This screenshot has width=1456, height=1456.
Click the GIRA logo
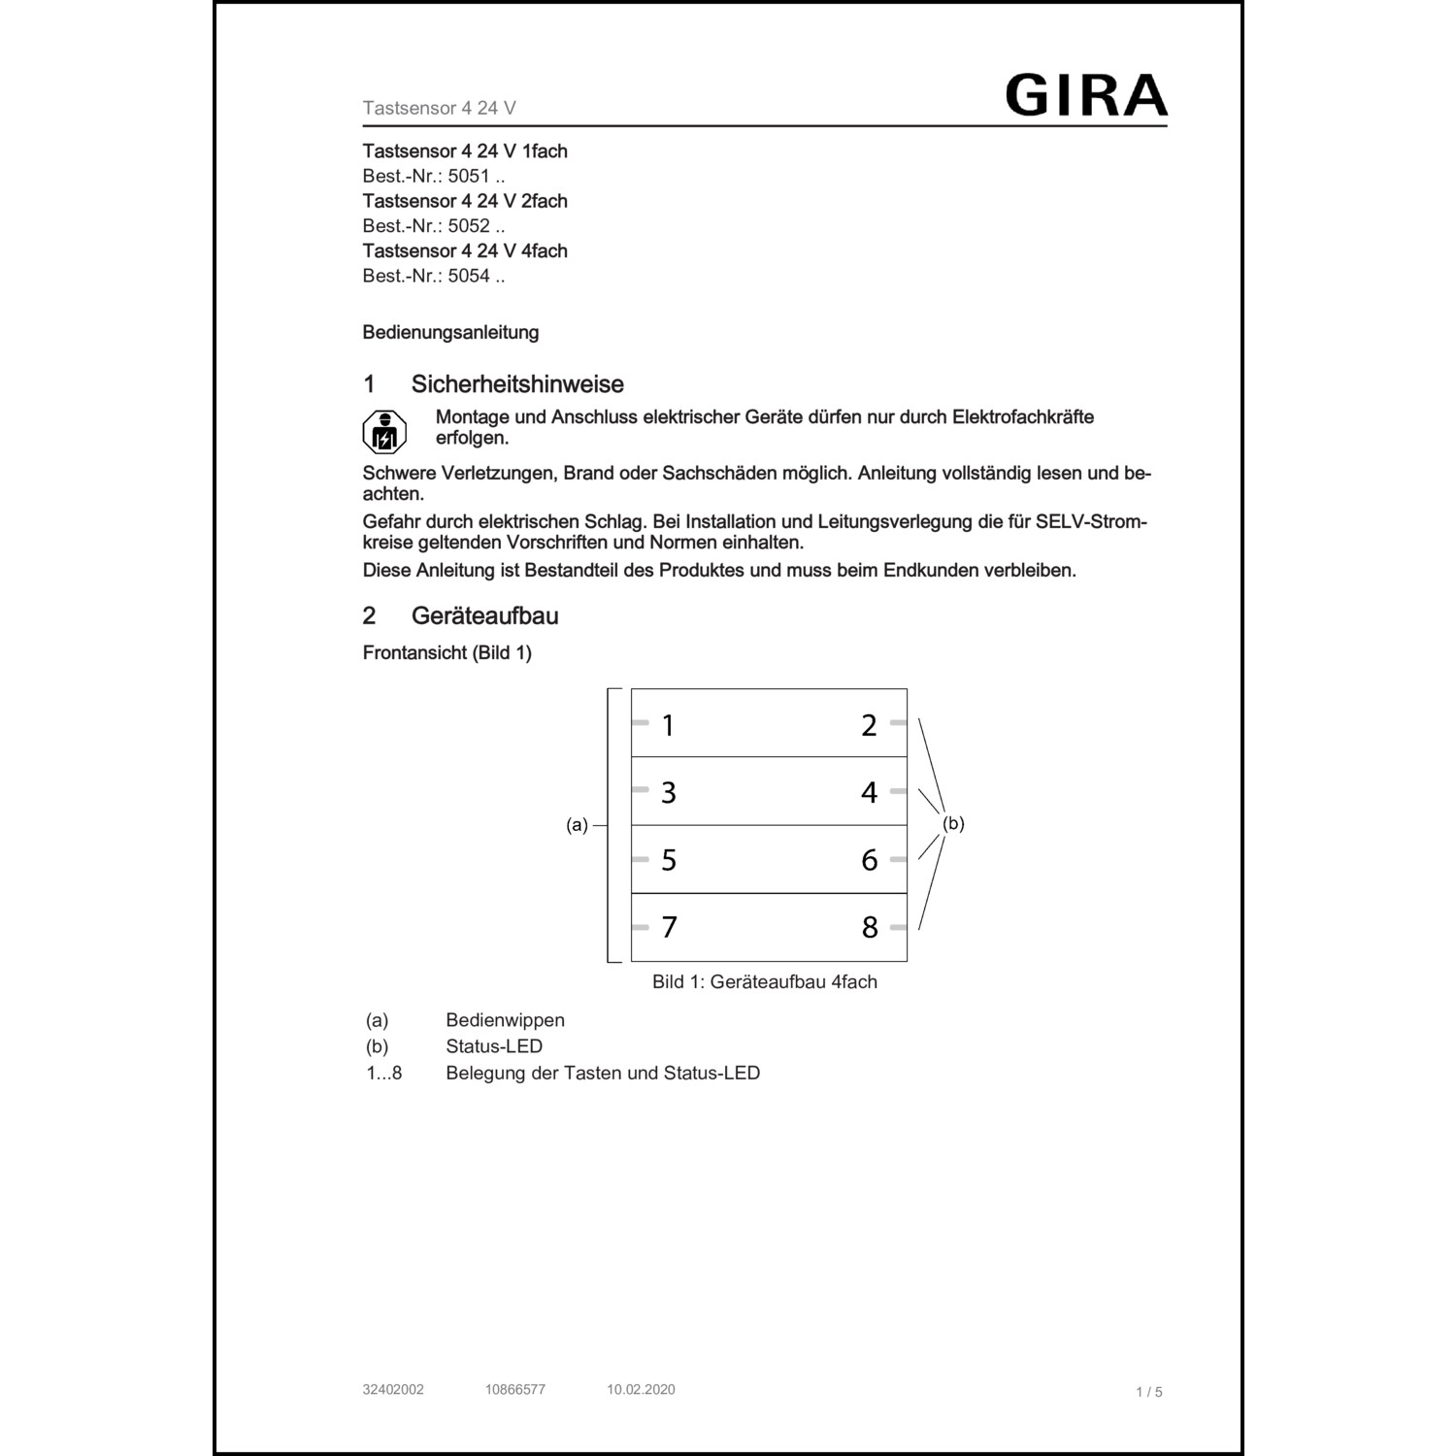[1085, 95]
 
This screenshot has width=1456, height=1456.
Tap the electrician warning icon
[384, 433]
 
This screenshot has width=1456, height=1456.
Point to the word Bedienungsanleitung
[450, 332]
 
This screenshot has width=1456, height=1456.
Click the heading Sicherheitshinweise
[517, 384]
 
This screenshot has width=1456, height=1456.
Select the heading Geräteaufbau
[484, 616]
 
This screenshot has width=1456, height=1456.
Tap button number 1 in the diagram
[668, 725]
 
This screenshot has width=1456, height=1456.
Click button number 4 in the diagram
[869, 792]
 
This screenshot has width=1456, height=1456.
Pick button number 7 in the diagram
[669, 927]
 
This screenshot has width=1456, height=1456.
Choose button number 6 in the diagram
[869, 860]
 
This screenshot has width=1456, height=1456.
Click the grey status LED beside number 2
[898, 722]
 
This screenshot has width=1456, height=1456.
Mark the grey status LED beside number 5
[640, 859]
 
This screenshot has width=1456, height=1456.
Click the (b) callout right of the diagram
[953, 823]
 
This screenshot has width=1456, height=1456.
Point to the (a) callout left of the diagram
[578, 825]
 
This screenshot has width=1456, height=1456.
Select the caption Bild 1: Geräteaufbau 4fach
[765, 981]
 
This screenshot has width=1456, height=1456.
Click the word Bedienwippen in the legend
[505, 1020]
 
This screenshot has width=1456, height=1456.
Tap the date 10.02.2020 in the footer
[641, 1389]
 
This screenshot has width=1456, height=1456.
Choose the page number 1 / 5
[1148, 1392]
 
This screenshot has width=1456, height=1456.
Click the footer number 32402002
[393, 1389]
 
